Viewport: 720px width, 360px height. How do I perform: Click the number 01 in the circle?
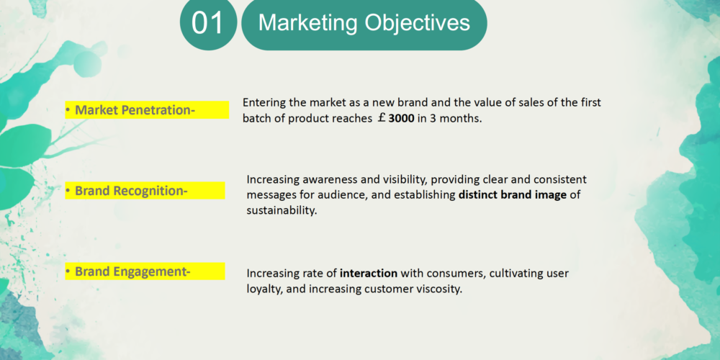(207, 23)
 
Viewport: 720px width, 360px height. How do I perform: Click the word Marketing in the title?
(307, 23)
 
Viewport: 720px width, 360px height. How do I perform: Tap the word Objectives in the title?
(418, 22)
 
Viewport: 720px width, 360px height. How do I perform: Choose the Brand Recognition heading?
(131, 191)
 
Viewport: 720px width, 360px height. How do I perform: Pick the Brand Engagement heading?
(132, 271)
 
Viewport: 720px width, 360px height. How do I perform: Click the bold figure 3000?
(401, 119)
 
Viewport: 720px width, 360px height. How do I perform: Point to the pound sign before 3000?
(382, 118)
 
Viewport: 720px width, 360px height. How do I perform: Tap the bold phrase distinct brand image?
(513, 195)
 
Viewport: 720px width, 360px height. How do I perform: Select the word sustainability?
(282, 211)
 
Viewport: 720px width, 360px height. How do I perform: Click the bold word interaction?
(369, 274)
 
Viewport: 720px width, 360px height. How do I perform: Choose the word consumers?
(455, 274)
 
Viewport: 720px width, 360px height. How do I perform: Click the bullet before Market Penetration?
(68, 110)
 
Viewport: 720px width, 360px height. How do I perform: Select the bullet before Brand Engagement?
(68, 271)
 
